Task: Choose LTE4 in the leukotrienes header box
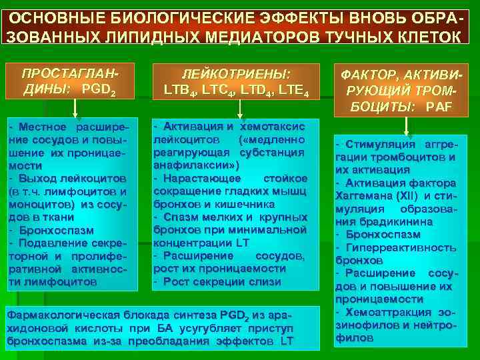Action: tap(293, 88)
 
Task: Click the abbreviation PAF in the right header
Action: tap(439, 107)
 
